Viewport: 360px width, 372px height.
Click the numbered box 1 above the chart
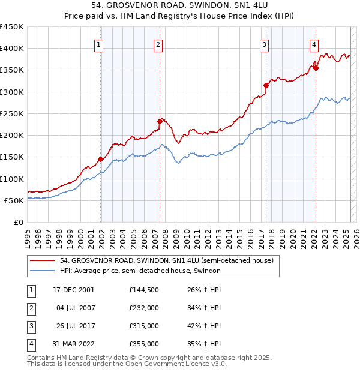(x=98, y=44)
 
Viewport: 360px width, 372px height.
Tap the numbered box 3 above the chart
(x=264, y=44)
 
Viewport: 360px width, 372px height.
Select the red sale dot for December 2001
(x=100, y=160)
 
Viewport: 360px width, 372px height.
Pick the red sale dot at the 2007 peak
(x=160, y=121)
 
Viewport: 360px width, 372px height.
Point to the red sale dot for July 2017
(x=266, y=85)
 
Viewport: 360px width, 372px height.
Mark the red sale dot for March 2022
(x=316, y=68)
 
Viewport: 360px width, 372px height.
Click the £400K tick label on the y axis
(x=12, y=49)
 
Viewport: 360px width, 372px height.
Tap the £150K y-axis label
(x=12, y=157)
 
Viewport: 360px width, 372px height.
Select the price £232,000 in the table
(x=144, y=308)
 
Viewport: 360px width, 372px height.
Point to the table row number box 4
(x=31, y=344)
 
